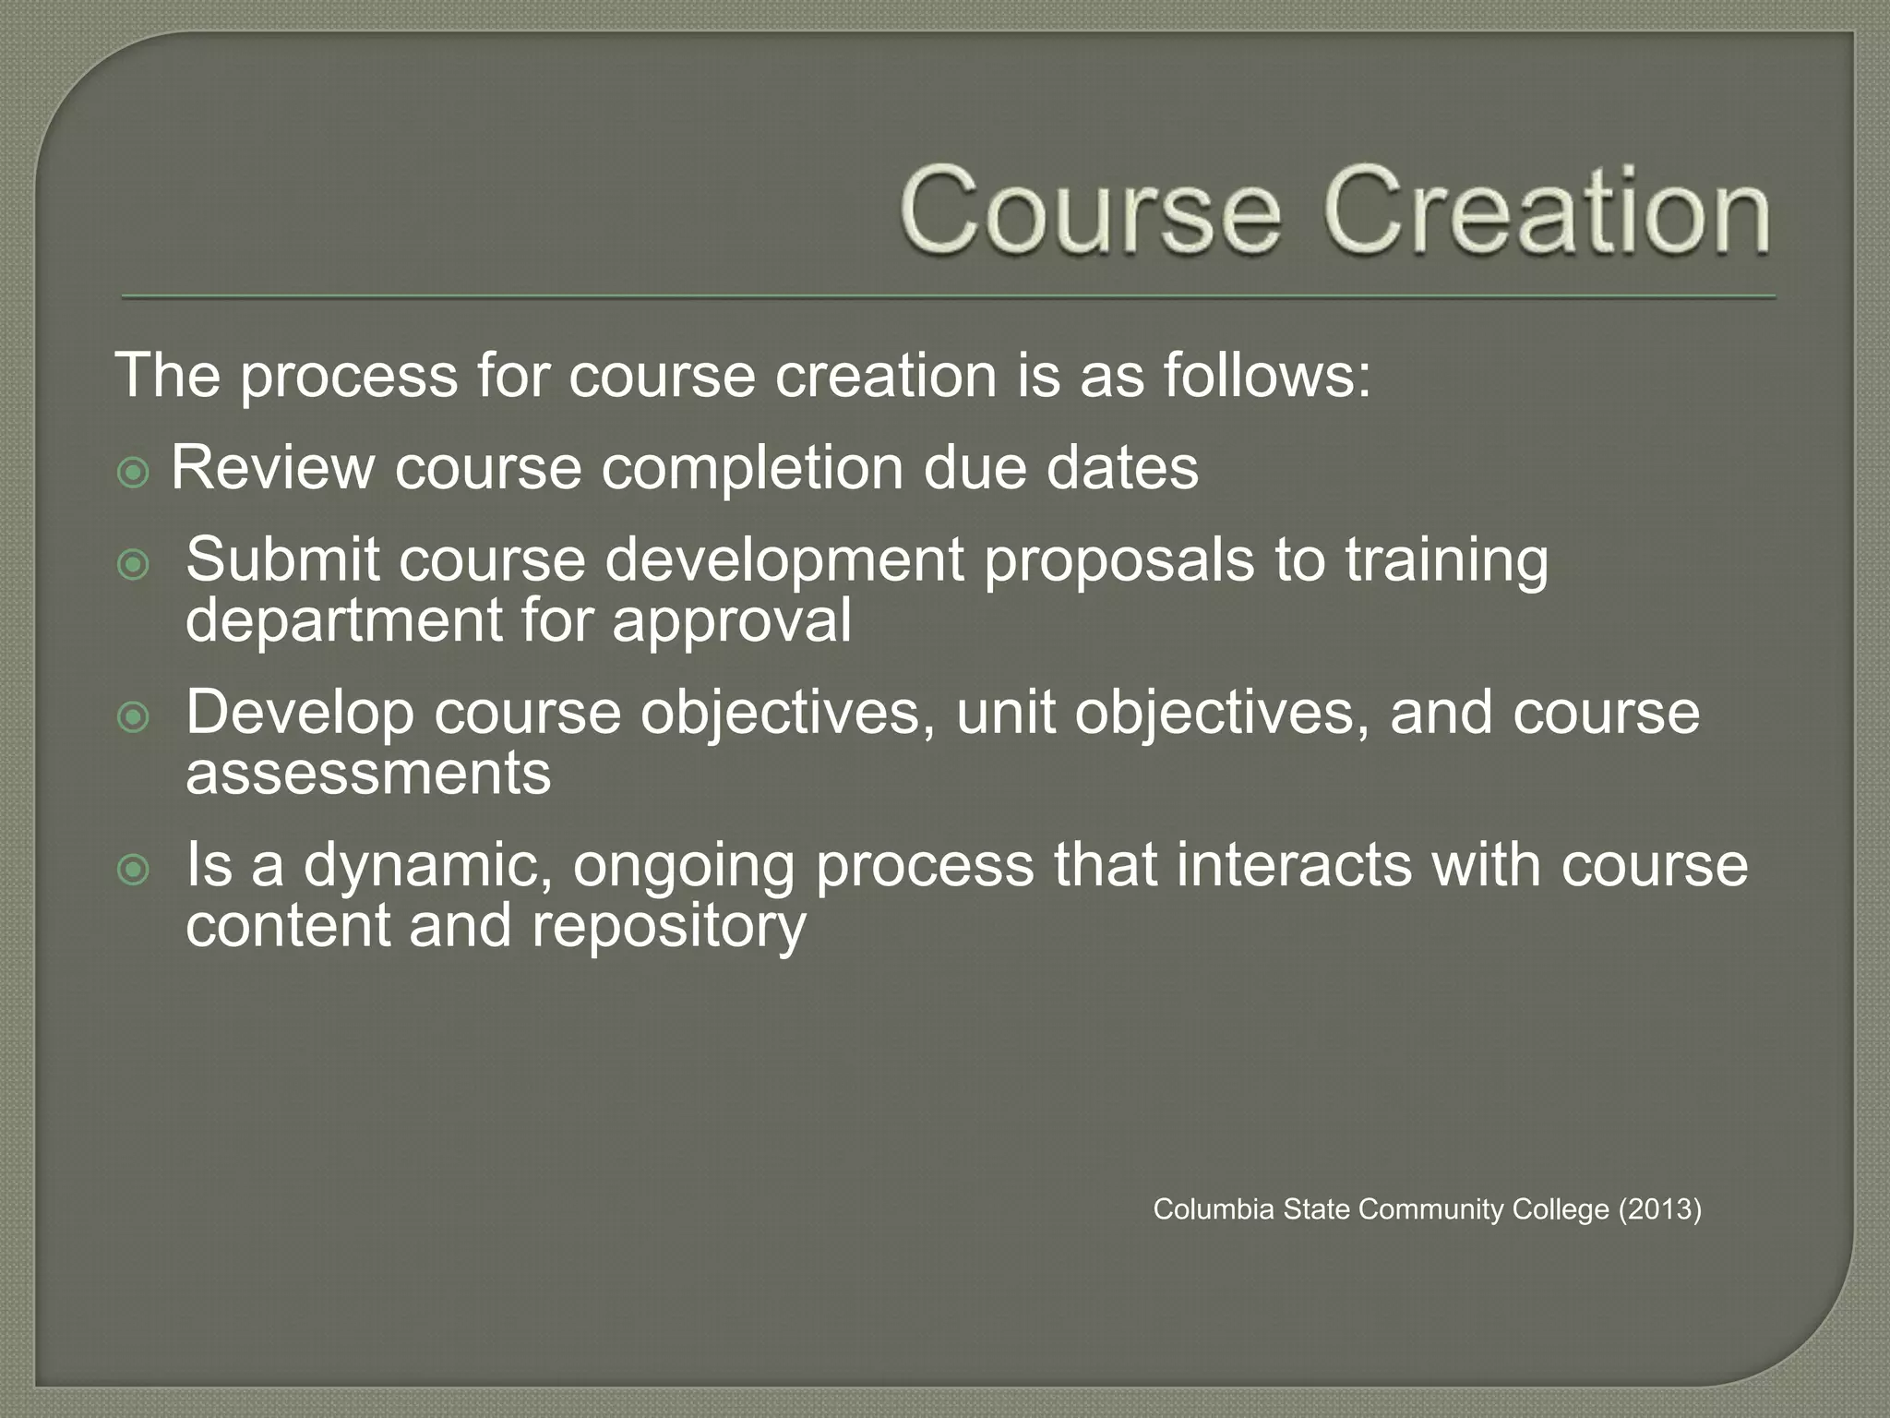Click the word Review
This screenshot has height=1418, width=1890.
coord(272,467)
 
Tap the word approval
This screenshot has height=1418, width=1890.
coord(731,621)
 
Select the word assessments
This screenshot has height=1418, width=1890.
coord(368,774)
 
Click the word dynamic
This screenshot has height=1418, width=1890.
coord(428,866)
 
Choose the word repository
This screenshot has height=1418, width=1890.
coord(668,926)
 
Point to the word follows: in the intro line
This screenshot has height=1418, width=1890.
coord(1266,376)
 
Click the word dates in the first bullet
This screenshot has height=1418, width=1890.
coord(1122,467)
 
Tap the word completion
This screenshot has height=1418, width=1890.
coord(753,469)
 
